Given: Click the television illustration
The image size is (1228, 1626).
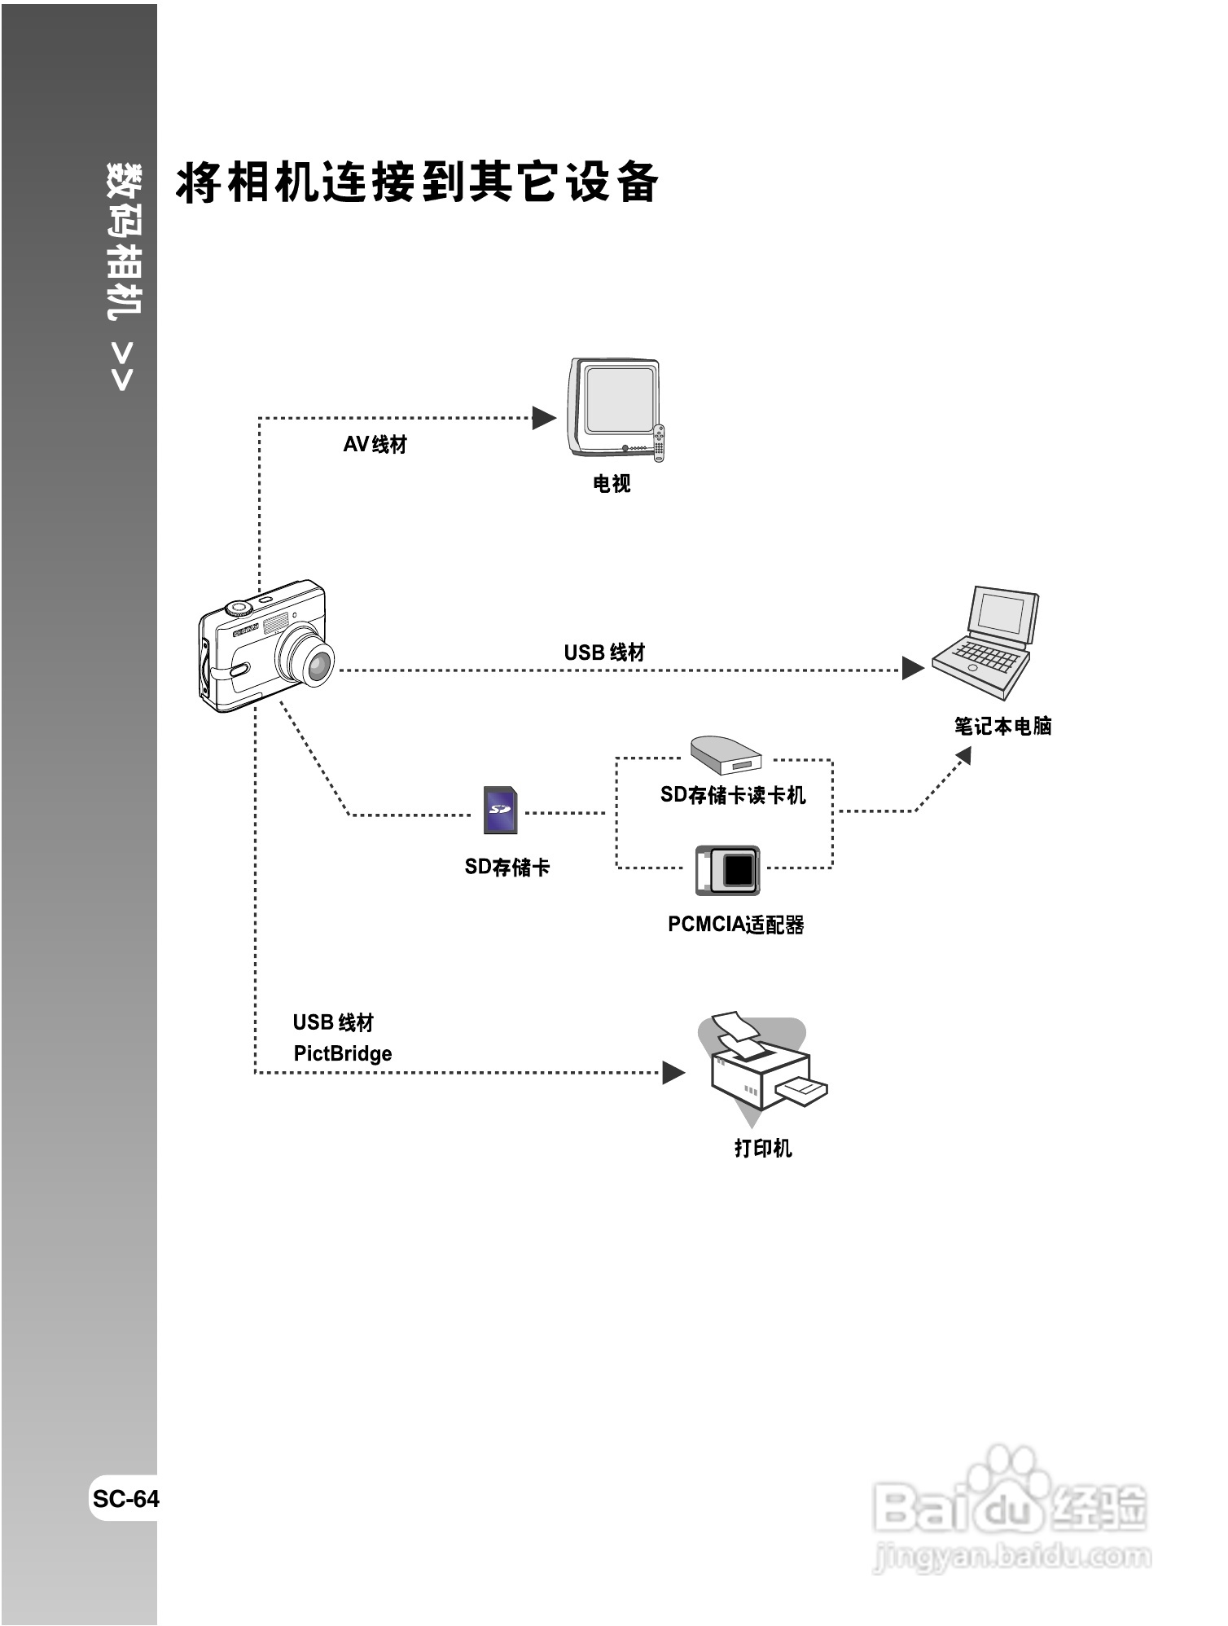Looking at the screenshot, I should click(x=615, y=407).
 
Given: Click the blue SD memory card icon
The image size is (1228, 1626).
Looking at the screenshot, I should click(x=500, y=811).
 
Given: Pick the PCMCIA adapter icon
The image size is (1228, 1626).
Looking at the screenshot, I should click(x=728, y=870).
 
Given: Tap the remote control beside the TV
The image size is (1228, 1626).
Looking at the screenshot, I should click(x=659, y=443).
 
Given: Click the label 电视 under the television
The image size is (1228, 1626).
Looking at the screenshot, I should click(x=612, y=484).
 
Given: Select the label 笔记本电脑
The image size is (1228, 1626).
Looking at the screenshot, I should click(x=1002, y=726).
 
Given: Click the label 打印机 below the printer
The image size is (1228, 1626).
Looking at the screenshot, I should click(x=763, y=1148).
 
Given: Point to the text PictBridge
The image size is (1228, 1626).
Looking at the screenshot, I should click(x=342, y=1054).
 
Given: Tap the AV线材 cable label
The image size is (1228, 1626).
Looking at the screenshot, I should click(x=375, y=445).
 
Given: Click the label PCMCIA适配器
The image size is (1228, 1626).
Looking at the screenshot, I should click(x=735, y=925).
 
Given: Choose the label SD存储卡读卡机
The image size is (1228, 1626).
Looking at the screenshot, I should click(x=733, y=795).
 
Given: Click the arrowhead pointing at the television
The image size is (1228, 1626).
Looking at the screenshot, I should click(x=543, y=418).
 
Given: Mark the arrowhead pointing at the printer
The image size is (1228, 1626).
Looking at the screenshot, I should click(x=673, y=1072).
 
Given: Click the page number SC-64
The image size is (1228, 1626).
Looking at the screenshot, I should click(x=125, y=1499).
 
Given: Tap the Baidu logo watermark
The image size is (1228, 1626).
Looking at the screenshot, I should click(x=1010, y=1507).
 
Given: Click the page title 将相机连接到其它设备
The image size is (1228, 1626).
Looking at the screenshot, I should click(x=417, y=182).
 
